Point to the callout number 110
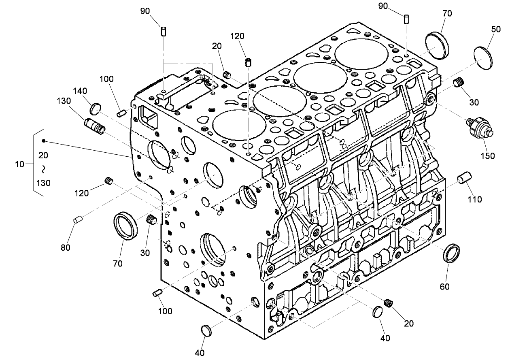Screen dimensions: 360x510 pyautogui.click(x=475, y=199)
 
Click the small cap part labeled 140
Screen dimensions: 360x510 pyautogui.click(x=95, y=108)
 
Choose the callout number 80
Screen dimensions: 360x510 pyautogui.click(x=66, y=247)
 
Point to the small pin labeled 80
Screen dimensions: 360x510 pyautogui.click(x=78, y=219)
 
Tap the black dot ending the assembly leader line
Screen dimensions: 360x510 pyautogui.click(x=44, y=141)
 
